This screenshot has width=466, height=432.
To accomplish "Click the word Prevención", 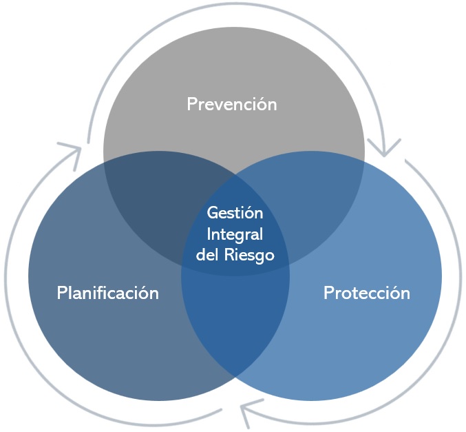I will click(232, 104).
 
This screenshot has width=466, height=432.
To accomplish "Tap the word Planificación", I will click(107, 293).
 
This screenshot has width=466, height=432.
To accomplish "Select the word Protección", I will click(367, 293).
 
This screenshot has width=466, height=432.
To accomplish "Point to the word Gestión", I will click(235, 213).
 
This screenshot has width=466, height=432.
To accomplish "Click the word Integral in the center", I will click(235, 234).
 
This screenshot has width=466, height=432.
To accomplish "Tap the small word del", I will click(208, 255).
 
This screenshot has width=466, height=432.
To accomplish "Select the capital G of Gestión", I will click(213, 212).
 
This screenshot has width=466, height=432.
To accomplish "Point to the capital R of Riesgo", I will click(230, 255).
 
